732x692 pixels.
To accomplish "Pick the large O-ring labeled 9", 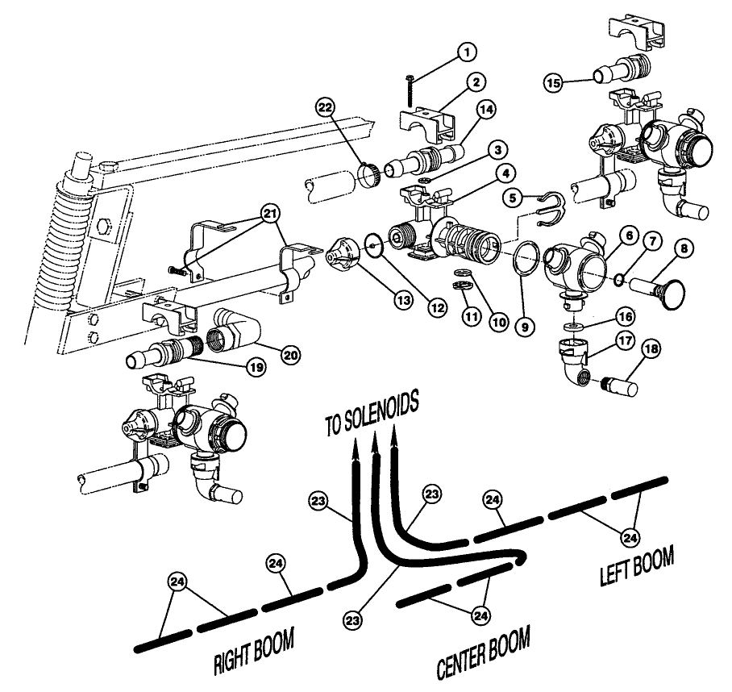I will pos(527,261).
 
